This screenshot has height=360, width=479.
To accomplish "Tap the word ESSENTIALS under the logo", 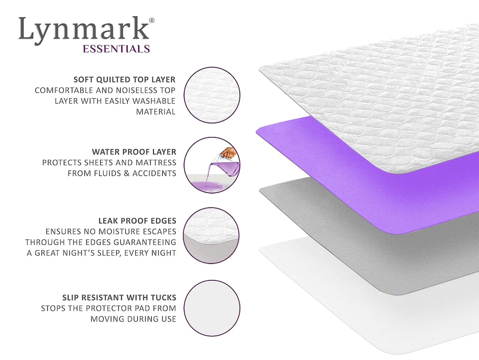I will pyautogui.click(x=116, y=49).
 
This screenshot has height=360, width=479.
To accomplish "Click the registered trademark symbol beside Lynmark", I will pyautogui.click(x=152, y=20).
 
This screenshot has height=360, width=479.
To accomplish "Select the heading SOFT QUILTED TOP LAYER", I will pyautogui.click(x=124, y=79).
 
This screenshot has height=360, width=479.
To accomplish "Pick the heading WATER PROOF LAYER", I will pyautogui.click(x=134, y=151).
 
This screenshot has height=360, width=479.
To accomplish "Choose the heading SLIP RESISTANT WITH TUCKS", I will pyautogui.click(x=119, y=298).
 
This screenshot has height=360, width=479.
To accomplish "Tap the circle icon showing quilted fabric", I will pyautogui.click(x=212, y=95).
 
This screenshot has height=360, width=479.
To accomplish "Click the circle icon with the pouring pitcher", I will pyautogui.click(x=212, y=165).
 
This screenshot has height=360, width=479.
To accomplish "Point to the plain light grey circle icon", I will pyautogui.click(x=212, y=308).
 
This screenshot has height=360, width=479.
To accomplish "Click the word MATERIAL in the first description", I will pyautogui.click(x=156, y=112).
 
